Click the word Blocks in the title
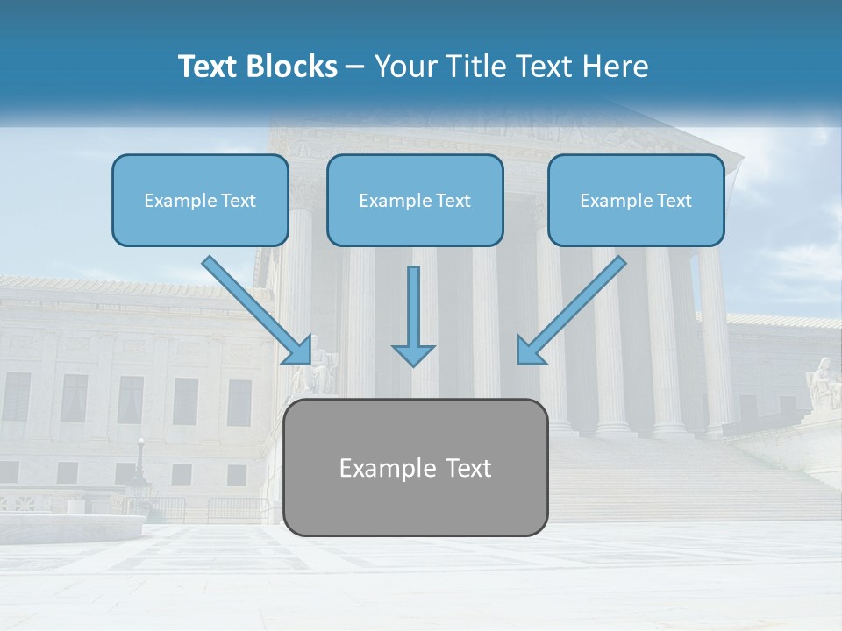pyautogui.click(x=294, y=67)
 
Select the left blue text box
pyautogui.click(x=200, y=200)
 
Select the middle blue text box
pyautogui.click(x=415, y=200)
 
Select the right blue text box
pyautogui.click(x=636, y=200)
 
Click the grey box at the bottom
pyautogui.click(x=415, y=467)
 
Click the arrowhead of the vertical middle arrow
pyautogui.click(x=413, y=354)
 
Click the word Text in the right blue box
pyautogui.click(x=674, y=201)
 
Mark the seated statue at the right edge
pyautogui.click(x=823, y=380)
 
